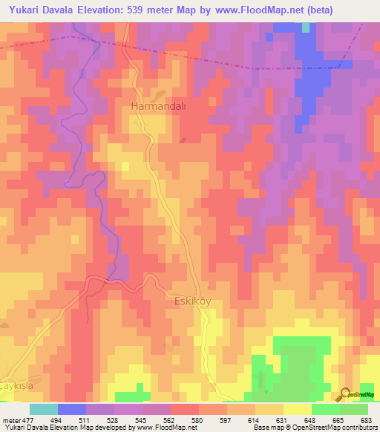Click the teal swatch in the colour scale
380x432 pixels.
tap(44, 409)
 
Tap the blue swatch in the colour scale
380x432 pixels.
tap(72, 409)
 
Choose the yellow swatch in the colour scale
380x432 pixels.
tap(297, 409)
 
